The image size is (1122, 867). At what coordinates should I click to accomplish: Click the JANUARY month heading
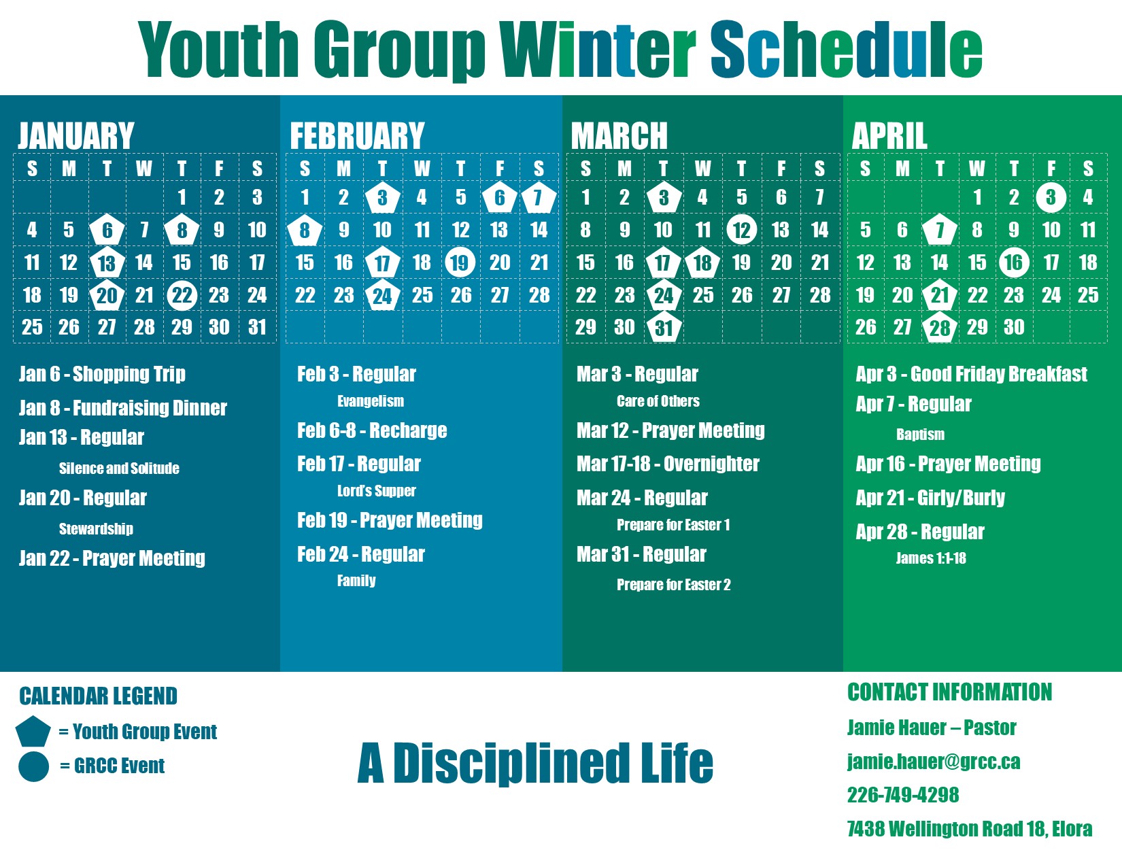pos(76,136)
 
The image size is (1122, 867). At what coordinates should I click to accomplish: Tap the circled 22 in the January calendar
pos(182,295)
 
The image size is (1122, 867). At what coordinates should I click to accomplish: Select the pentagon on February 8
pos(305,230)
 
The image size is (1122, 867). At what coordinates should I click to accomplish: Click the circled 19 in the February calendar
pos(460,262)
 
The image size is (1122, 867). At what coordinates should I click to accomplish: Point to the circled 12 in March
pos(741,230)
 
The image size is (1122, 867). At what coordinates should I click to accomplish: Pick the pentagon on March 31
pos(664,327)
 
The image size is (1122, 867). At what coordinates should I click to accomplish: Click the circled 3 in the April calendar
pos(1051,197)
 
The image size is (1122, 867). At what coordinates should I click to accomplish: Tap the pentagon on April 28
pos(940,327)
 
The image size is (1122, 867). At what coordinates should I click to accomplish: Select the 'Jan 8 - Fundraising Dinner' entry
pos(123,408)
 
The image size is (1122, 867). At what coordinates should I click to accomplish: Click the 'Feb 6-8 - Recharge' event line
pos(372,430)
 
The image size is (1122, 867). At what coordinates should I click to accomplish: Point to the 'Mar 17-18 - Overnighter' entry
pos(668,464)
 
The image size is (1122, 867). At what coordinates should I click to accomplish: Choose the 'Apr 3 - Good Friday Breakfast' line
pos(971,374)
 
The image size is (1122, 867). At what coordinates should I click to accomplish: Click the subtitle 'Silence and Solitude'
pos(119,469)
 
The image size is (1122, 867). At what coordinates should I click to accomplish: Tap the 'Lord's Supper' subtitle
pos(377,490)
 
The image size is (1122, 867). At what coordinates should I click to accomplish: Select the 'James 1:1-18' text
pos(930,558)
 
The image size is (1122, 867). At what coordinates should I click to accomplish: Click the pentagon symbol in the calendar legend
pos(33,732)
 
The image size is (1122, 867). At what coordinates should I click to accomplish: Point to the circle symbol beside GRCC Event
pos(33,767)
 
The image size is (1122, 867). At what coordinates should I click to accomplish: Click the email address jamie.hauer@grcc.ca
pos(934,762)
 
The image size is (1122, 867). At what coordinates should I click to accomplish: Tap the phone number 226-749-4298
pos(902,795)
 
